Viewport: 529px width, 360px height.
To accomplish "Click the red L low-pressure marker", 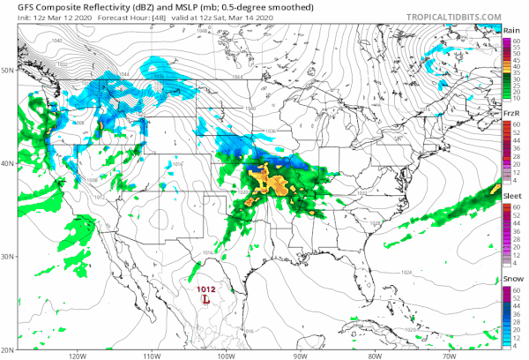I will (x=206, y=301).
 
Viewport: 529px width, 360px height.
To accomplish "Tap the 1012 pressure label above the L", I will (x=206, y=289).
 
